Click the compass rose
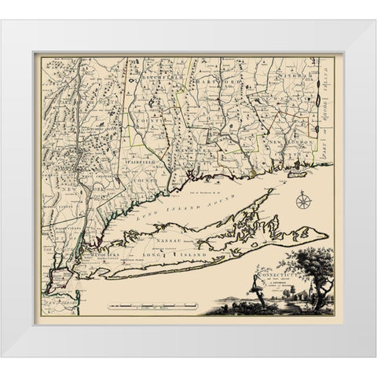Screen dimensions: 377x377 [x=303, y=203]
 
